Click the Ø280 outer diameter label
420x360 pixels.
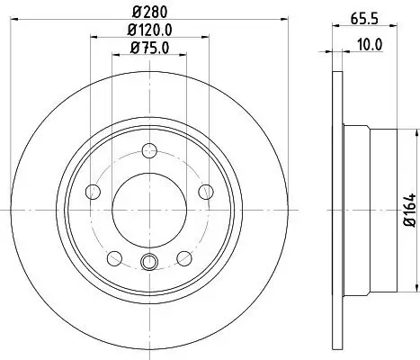(x=149, y=12)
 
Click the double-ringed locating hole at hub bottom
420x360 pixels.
(x=149, y=262)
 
